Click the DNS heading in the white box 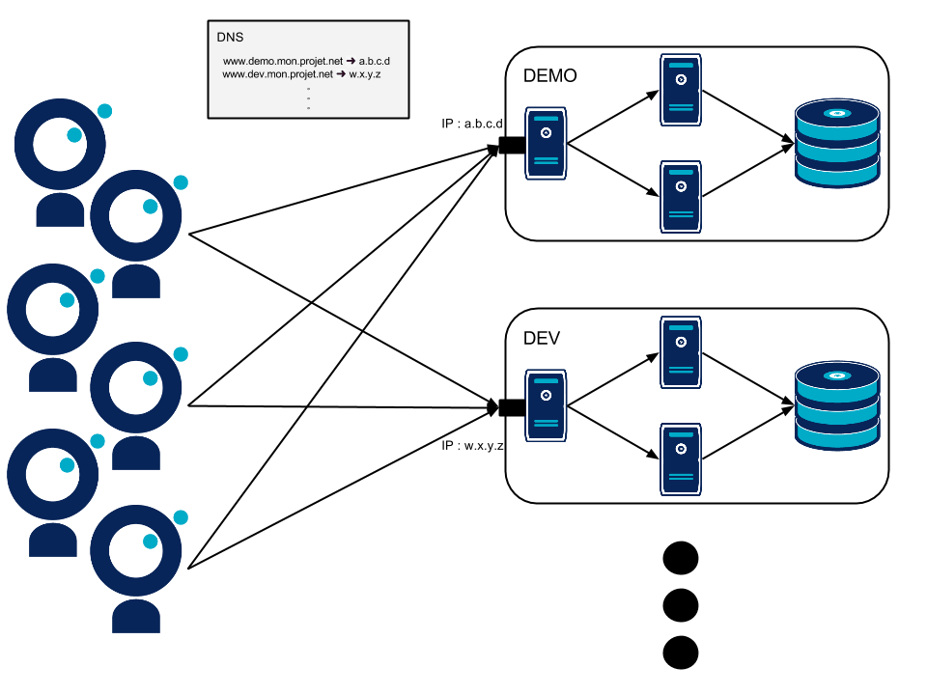tap(230, 38)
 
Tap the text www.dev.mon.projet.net tap(277, 73)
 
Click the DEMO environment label tap(550, 76)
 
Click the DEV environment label tap(543, 339)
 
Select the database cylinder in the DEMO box tap(837, 145)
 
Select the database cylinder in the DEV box tap(837, 405)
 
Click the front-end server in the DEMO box tap(546, 143)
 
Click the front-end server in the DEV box tap(546, 405)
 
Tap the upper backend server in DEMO tap(681, 90)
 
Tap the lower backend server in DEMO tap(681, 197)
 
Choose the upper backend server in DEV tap(681, 352)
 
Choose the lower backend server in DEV tap(681, 459)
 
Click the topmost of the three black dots tap(681, 559)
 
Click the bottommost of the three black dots tap(681, 652)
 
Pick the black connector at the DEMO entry tap(510, 146)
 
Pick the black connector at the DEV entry tap(511, 407)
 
